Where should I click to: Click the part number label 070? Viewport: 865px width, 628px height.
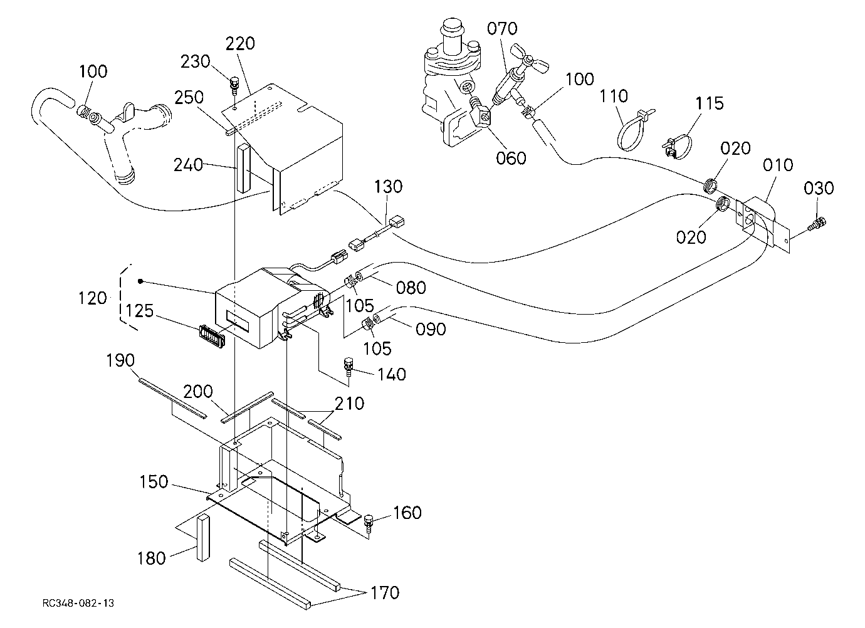click(502, 29)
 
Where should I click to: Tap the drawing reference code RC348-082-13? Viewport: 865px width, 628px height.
click(78, 603)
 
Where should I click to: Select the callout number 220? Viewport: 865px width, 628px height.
click(240, 44)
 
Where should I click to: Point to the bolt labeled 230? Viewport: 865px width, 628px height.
click(233, 86)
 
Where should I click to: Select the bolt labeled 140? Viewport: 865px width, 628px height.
click(349, 367)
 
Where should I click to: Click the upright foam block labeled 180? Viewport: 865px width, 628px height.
click(204, 537)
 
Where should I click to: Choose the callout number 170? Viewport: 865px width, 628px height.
click(385, 592)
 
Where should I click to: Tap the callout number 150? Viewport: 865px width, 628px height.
click(154, 481)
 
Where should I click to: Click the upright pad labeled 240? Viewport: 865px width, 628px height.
click(243, 168)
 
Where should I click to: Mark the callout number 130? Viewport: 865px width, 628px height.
click(388, 187)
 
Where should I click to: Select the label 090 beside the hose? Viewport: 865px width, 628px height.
click(431, 329)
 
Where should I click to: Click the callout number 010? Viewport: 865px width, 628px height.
click(778, 165)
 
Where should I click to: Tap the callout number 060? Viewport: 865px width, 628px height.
click(511, 159)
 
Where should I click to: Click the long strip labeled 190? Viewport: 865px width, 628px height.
click(172, 398)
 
